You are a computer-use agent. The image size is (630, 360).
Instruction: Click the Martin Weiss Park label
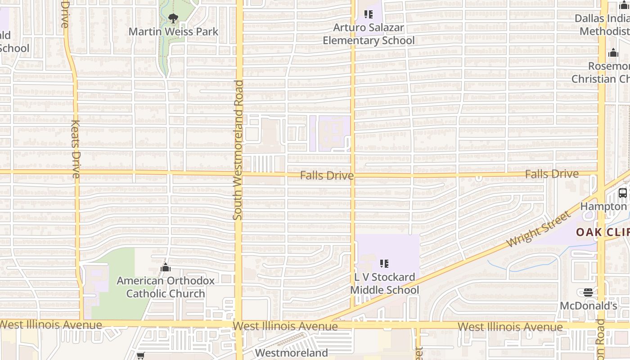click(173, 31)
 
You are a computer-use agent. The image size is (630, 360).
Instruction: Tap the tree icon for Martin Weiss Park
click(173, 18)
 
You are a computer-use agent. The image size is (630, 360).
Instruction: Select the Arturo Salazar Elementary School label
click(369, 34)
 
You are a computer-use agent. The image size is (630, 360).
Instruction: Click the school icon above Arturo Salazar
click(369, 14)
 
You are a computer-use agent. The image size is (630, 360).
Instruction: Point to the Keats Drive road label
click(76, 148)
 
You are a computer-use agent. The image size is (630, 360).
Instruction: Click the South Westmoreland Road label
click(238, 150)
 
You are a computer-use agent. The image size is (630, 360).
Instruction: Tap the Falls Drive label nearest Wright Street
click(552, 174)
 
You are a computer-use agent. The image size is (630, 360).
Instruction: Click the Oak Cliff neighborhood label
click(603, 232)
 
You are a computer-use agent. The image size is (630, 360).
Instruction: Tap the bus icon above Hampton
click(623, 193)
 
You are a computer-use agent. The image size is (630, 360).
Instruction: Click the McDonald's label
click(588, 306)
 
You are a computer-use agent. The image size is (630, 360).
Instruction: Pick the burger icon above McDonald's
click(588, 292)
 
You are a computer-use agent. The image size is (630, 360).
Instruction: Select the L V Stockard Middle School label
click(384, 283)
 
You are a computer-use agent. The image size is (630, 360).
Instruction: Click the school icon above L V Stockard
click(384, 263)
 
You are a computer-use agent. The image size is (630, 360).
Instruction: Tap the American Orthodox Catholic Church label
click(166, 287)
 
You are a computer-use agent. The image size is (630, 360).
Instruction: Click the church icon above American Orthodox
click(166, 268)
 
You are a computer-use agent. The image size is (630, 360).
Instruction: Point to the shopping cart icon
click(141, 356)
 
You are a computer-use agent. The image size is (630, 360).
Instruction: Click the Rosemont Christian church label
click(601, 72)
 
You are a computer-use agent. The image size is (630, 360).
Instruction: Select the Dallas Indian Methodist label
click(603, 25)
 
